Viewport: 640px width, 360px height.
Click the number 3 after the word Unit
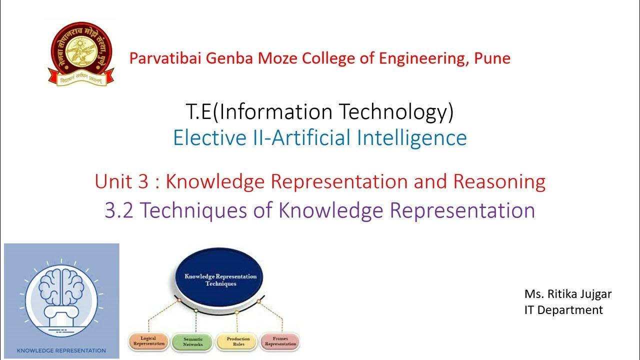[x=142, y=181]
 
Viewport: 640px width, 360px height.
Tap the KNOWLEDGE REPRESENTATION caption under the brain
[x=61, y=350]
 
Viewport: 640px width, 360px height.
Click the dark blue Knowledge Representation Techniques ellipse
[x=220, y=279]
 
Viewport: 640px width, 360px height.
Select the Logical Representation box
[x=148, y=341]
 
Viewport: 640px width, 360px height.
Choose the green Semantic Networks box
[x=192, y=341]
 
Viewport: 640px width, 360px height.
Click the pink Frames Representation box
[x=280, y=341]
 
